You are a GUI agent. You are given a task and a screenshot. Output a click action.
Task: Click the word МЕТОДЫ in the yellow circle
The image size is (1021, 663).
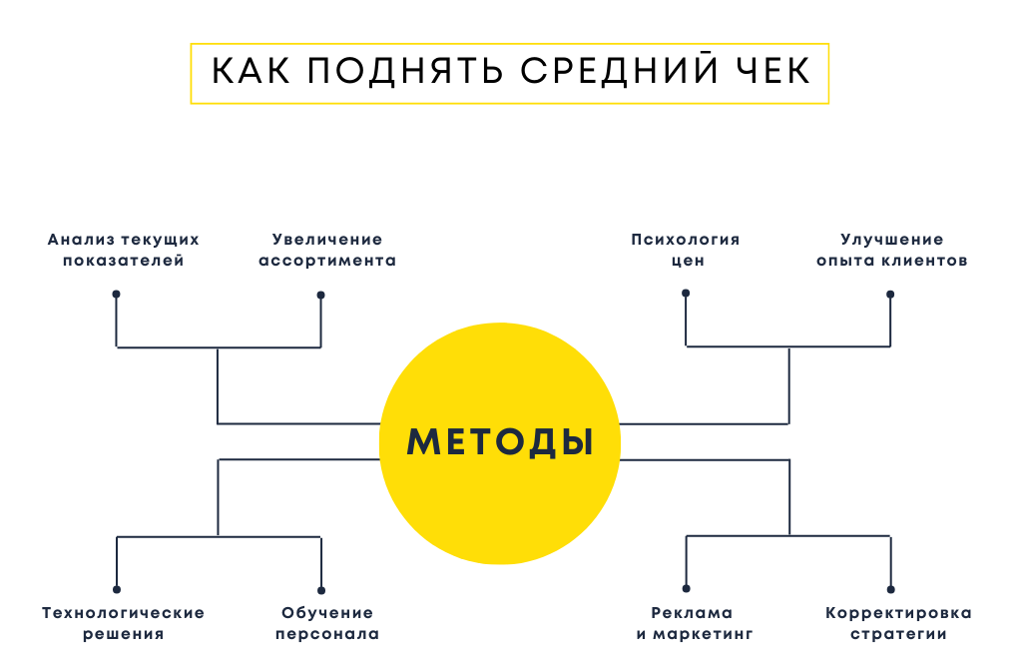(500, 441)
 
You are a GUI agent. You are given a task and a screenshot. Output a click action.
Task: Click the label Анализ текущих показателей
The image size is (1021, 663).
(124, 250)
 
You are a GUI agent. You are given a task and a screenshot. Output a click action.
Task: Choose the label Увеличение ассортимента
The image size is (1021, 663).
(327, 250)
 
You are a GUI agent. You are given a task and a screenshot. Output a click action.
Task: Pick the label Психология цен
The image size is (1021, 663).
(686, 250)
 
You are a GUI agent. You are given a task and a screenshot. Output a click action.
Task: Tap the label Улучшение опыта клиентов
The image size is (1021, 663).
(891, 250)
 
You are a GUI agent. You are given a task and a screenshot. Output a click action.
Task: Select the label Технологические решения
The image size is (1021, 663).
(124, 623)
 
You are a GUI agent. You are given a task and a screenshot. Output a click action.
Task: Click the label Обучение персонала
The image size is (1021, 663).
(327, 623)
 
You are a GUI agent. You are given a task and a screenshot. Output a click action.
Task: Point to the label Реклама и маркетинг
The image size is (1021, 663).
(692, 623)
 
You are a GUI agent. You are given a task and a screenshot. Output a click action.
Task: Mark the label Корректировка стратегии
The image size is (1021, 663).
(898, 623)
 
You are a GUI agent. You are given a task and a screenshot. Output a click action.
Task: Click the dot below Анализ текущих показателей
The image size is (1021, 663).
(117, 295)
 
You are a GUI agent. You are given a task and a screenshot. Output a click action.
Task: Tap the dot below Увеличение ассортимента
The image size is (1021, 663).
(320, 295)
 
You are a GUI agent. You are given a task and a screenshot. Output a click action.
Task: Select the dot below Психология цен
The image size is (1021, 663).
(686, 294)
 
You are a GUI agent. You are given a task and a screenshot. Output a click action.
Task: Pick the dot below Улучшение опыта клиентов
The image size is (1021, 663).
(890, 295)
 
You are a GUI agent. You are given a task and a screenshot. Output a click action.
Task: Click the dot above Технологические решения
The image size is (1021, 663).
(117, 589)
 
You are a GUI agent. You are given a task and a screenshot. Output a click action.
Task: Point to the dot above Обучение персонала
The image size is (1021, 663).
(320, 589)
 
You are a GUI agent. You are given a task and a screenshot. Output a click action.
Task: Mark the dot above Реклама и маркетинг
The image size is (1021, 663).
(686, 589)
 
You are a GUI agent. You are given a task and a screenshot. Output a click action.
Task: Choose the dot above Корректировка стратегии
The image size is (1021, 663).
(890, 589)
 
